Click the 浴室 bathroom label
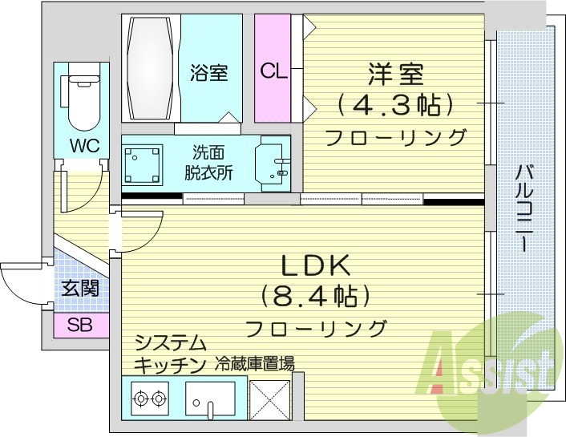(x=208, y=73)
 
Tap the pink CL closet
(x=273, y=70)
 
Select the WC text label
(x=84, y=146)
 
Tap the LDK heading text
(x=315, y=265)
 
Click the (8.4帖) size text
(x=315, y=296)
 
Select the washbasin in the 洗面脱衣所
(x=273, y=164)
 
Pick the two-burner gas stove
(x=150, y=396)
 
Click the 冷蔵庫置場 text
(x=255, y=363)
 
